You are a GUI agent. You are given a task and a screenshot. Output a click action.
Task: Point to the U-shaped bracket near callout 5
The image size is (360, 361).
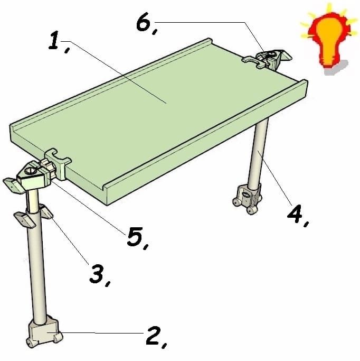point(58,163)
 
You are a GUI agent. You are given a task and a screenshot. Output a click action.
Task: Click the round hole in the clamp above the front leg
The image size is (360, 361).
point(30,171)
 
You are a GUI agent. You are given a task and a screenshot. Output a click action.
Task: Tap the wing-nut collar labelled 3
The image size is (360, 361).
point(34,216)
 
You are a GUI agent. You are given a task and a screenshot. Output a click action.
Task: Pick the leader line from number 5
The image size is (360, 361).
point(89,208)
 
